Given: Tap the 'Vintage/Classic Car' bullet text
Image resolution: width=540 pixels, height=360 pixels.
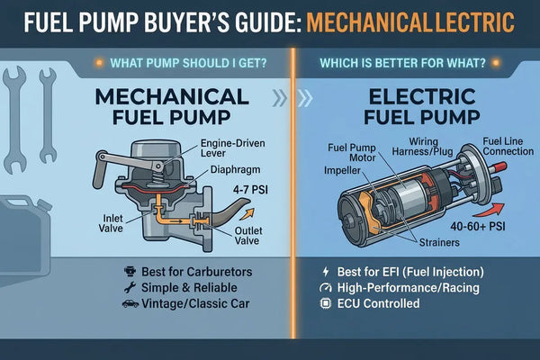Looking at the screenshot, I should (192, 303).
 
